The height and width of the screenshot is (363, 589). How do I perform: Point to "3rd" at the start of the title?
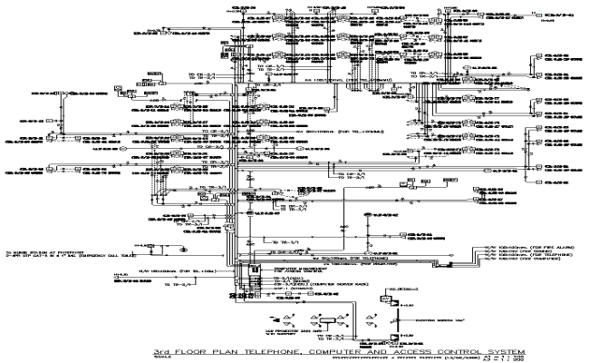click(160, 350)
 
